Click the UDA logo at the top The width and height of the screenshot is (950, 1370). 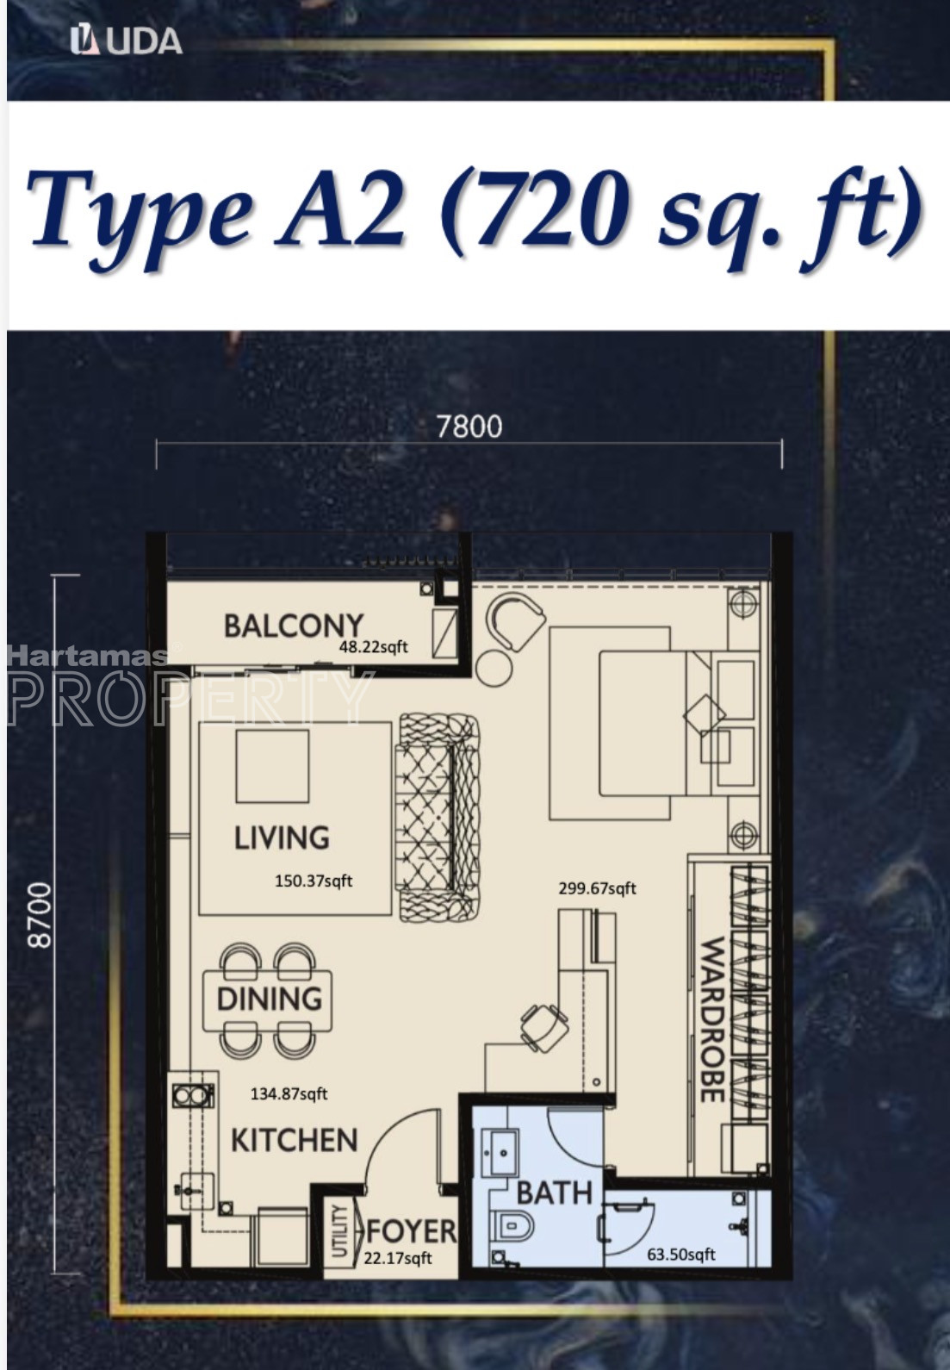(127, 41)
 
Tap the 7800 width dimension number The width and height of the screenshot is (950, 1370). (469, 427)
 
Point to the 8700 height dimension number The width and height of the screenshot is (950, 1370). (41, 915)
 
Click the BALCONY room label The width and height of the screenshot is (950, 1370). (294, 626)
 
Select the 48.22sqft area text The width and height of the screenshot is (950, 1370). (374, 646)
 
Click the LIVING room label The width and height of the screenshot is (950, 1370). (282, 838)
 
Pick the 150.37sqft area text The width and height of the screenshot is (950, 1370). (314, 881)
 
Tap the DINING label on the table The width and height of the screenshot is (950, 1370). (269, 999)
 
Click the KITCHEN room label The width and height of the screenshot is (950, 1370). (294, 1141)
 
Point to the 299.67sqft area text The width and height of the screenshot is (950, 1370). (597, 888)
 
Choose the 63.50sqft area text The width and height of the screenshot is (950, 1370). (681, 1255)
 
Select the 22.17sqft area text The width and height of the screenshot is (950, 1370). (397, 1258)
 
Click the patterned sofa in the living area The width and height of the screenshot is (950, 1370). (439, 817)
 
